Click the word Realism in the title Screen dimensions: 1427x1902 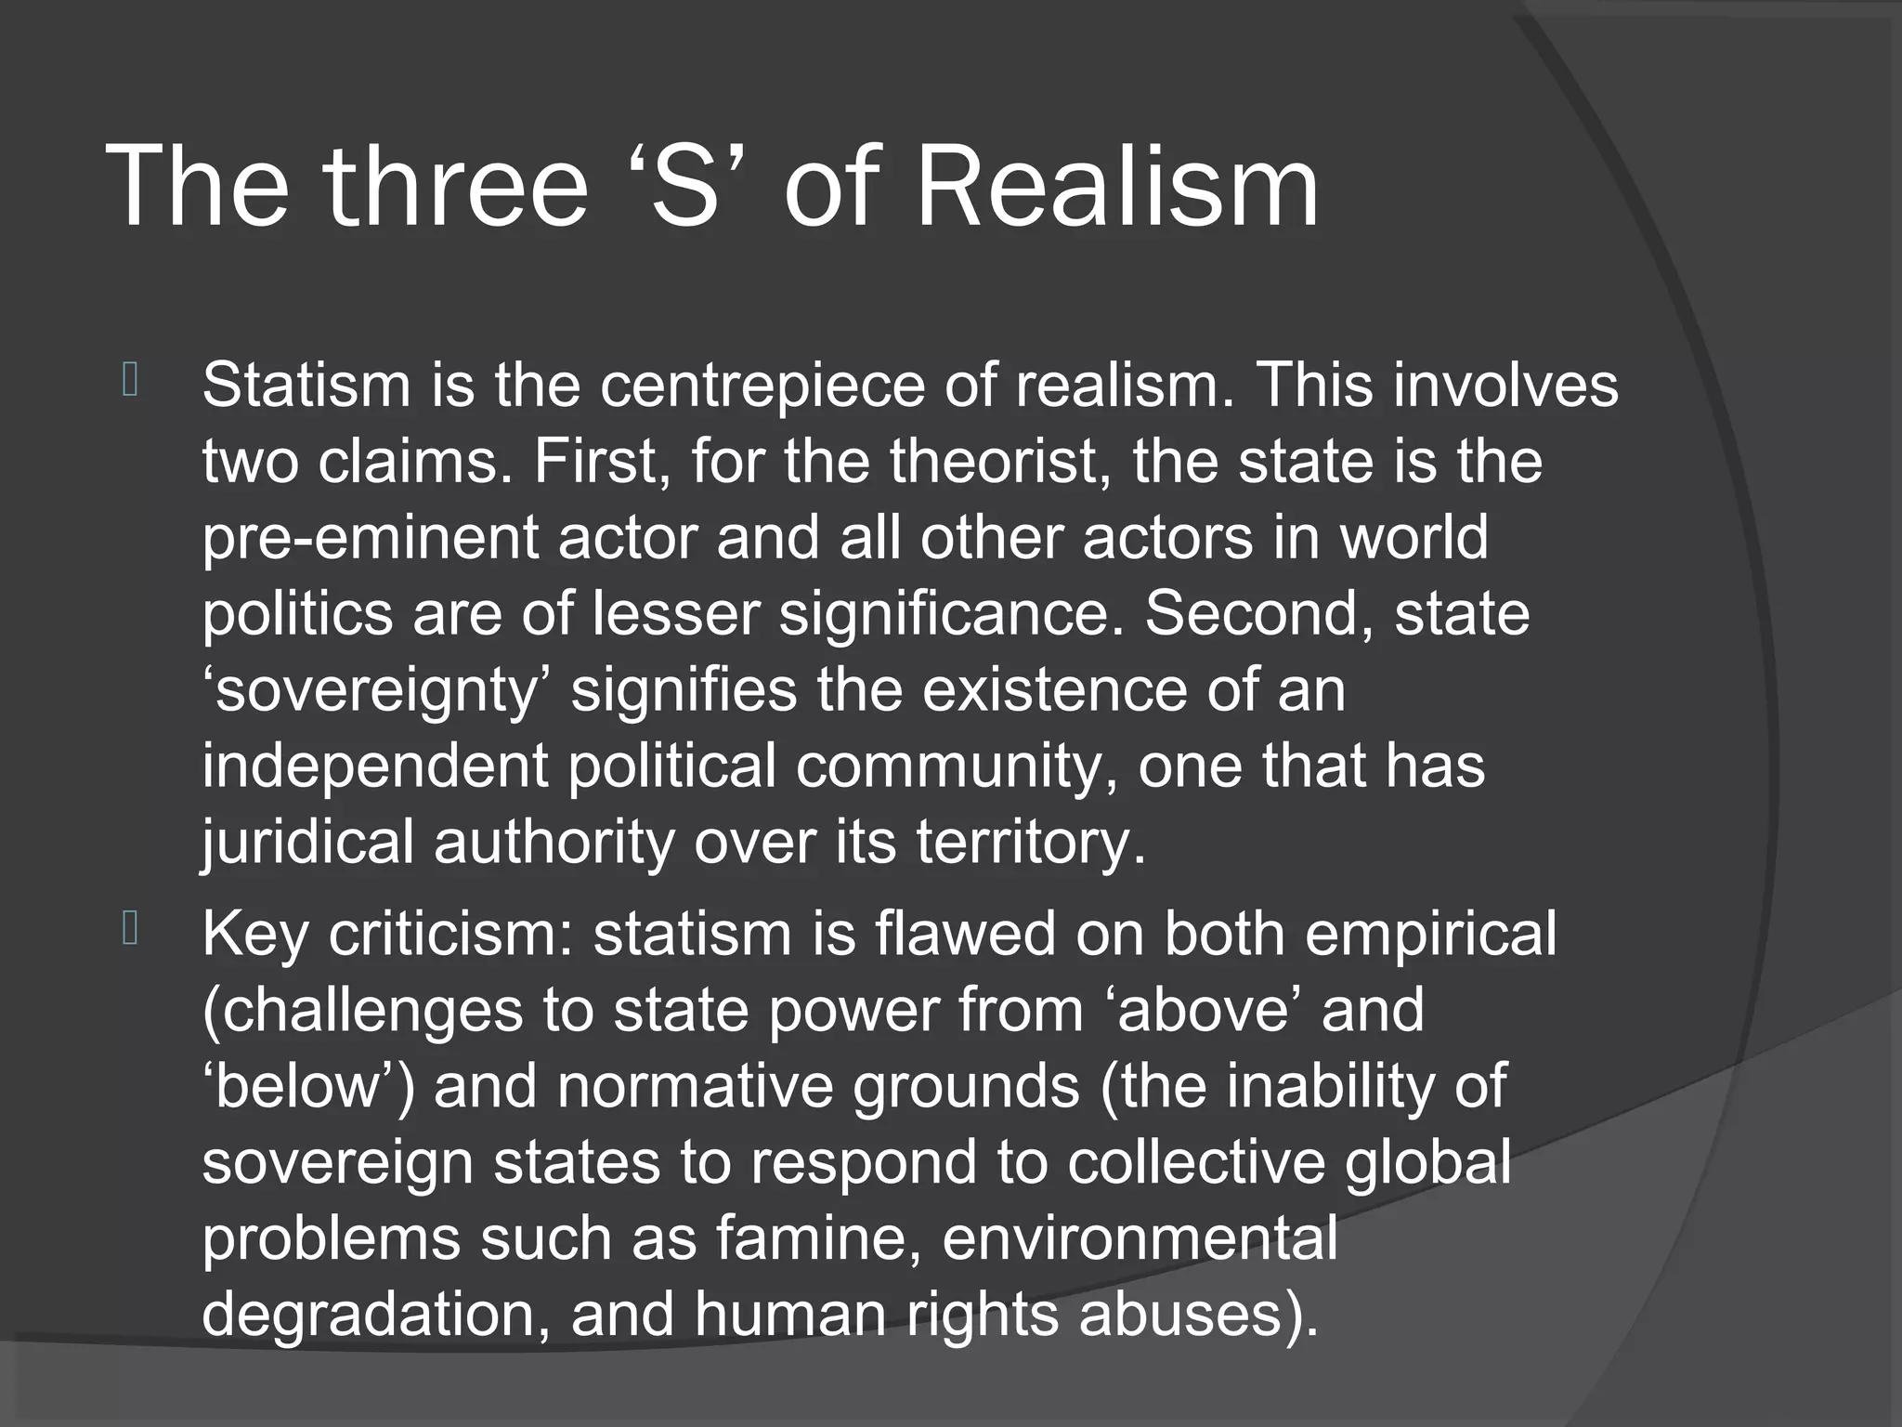[x=1116, y=186]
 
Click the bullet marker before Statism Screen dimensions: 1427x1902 [x=130, y=381]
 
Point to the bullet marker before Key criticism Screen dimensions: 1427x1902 [x=130, y=929]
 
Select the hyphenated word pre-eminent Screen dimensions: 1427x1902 [x=370, y=539]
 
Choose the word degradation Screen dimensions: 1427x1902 [x=375, y=1316]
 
